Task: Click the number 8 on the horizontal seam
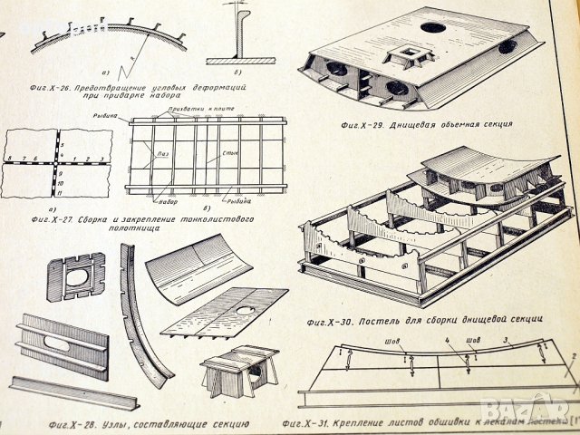8,158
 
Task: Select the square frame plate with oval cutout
76,278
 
